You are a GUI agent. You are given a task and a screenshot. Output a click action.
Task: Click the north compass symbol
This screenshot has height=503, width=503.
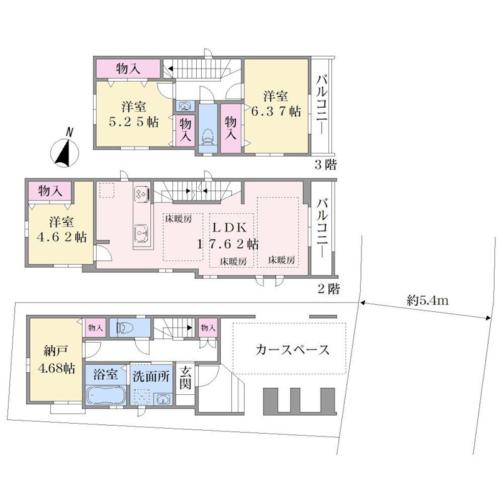(x=67, y=150)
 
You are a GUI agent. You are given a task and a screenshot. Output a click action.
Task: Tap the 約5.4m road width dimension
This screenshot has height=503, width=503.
(x=428, y=301)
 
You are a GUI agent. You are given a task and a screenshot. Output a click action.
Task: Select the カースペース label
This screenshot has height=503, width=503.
(x=292, y=350)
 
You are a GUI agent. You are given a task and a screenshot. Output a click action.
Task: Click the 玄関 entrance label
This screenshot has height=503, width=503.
(x=185, y=378)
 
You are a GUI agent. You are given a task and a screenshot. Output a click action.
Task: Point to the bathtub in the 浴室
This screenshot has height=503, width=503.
(x=106, y=395)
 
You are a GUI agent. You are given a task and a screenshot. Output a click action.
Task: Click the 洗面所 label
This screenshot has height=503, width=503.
(x=151, y=376)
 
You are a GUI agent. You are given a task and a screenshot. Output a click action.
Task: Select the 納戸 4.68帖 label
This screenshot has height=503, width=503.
(x=56, y=359)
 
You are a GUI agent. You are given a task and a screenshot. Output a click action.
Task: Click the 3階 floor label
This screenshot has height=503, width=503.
(x=325, y=165)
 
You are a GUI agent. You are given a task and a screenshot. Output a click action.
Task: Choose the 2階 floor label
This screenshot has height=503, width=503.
(x=328, y=289)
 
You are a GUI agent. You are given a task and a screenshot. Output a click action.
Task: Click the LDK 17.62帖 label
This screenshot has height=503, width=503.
(x=228, y=236)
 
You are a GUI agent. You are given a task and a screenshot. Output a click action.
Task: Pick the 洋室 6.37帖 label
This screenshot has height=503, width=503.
(x=276, y=104)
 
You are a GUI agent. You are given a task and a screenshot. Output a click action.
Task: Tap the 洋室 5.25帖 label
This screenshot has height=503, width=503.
(x=133, y=114)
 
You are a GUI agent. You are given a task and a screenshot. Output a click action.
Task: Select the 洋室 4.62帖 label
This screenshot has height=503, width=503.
(x=61, y=229)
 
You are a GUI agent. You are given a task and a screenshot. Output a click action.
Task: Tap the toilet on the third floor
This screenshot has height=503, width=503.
(x=208, y=137)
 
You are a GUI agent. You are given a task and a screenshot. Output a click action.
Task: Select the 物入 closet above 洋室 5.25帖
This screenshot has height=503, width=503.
(x=128, y=69)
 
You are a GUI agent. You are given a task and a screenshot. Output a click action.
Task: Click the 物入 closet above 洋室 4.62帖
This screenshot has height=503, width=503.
(x=50, y=191)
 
